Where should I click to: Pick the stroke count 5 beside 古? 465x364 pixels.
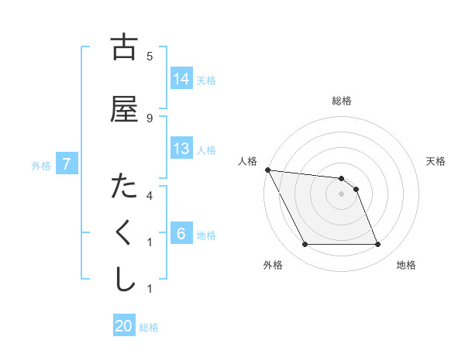coord(150,56)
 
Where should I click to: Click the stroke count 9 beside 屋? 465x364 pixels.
coord(150,118)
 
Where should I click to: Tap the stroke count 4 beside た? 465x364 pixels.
coord(150,195)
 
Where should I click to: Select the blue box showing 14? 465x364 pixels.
coord(181,79)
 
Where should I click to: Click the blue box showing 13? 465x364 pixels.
coord(181,149)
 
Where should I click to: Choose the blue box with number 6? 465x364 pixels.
coord(181,234)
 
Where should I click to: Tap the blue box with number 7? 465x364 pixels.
coord(67,164)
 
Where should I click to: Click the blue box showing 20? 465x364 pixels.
coord(124,326)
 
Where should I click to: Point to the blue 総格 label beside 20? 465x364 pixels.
coord(150,328)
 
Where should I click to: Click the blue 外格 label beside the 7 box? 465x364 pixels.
coord(41,165)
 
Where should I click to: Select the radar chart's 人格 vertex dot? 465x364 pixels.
coord(268,170)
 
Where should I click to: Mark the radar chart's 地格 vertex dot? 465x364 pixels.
coord(377,245)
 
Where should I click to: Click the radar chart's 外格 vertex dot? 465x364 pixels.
coord(305,245)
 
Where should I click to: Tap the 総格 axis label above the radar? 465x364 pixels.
coord(342,101)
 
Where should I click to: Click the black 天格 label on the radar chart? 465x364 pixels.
coord(436,161)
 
